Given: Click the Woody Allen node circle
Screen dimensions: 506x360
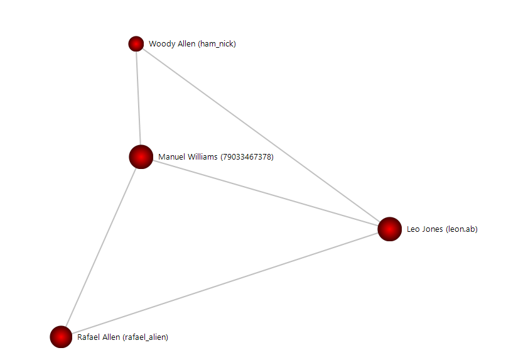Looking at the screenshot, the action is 136,43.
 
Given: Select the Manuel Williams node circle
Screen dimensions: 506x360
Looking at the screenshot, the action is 141,157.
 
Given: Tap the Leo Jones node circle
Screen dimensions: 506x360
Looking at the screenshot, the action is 389,229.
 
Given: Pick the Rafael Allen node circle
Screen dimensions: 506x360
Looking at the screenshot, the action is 61,337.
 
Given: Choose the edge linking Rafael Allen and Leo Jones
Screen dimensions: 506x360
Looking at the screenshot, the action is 226,283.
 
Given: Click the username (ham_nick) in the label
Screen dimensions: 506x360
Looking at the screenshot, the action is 217,44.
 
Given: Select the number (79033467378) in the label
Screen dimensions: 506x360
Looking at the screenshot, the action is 247,157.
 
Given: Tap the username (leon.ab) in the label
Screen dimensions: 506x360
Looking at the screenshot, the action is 461,229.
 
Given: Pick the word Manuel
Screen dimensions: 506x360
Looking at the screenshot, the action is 171,157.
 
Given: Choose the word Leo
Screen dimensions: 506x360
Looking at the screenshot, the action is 413,229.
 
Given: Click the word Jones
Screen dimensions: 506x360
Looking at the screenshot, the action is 433,229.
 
